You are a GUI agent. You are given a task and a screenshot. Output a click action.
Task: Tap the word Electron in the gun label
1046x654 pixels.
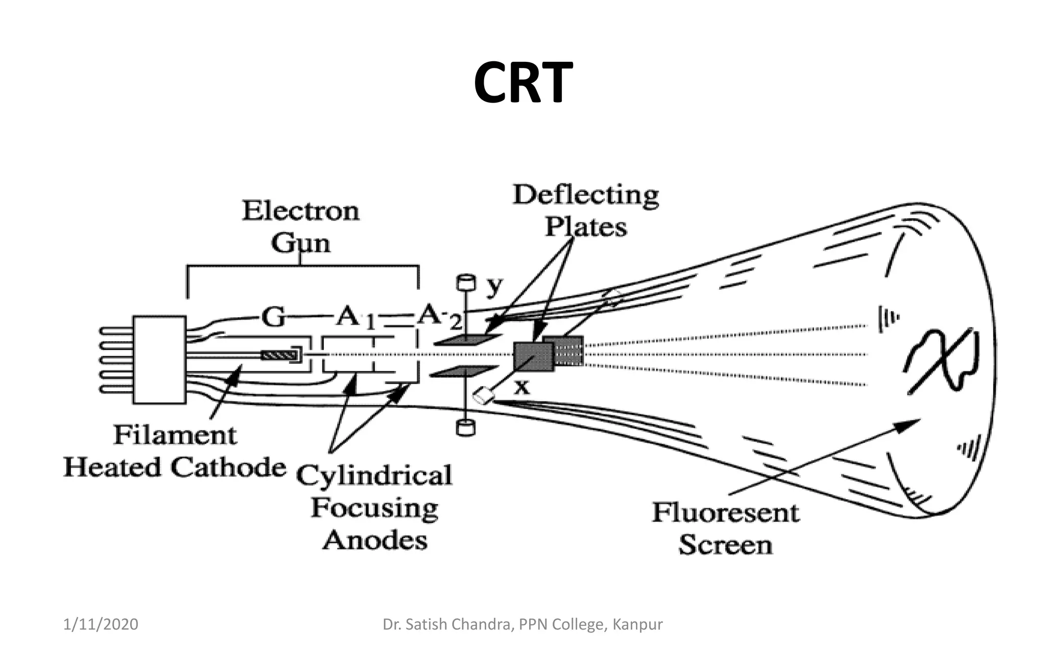click(300, 211)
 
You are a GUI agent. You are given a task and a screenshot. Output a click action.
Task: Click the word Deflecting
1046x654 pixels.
click(585, 195)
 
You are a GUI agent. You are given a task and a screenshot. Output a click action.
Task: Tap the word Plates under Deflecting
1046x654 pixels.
click(585, 226)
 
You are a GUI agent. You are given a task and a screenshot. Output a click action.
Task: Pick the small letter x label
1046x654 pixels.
click(521, 388)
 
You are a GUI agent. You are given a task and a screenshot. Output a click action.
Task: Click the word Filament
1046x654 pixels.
click(175, 435)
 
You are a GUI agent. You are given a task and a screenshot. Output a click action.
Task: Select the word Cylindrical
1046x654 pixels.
click(374, 476)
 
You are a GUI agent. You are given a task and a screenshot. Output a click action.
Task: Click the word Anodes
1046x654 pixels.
click(374, 540)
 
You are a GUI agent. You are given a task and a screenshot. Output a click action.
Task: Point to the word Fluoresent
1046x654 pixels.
click(725, 512)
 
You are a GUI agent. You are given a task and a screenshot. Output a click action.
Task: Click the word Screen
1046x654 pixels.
click(725, 545)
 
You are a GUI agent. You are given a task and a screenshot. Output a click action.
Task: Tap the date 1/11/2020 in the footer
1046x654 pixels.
click(101, 624)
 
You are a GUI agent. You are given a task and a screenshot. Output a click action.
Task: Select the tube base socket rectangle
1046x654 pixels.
click(159, 360)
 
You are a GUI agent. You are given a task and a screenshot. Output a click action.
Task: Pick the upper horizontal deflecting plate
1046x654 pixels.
click(468, 340)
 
